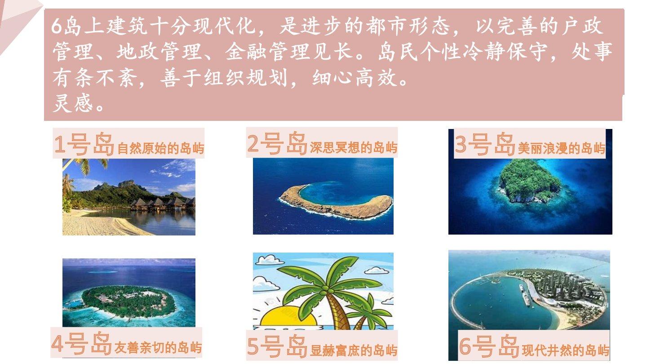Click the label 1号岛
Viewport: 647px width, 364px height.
pos(84,144)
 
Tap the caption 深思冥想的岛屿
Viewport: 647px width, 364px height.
pos(354,147)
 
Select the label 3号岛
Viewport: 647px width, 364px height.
pos(485,144)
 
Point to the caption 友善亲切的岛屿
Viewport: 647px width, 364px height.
pos(158,347)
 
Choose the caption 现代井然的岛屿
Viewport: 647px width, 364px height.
pos(566,350)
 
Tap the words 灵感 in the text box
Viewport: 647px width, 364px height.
pos(73,103)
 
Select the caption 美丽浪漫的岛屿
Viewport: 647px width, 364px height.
pos(562,148)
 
